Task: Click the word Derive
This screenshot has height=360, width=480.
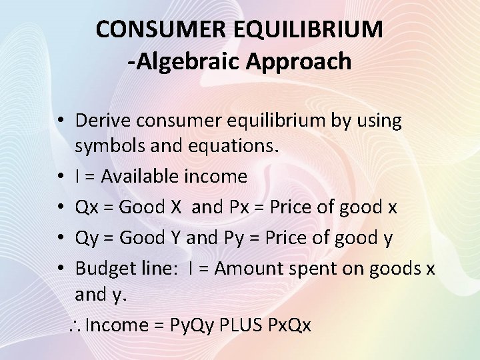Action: pos(103,121)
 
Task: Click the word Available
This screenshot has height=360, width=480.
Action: pos(139,177)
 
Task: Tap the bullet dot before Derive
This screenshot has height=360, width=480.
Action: pos(60,121)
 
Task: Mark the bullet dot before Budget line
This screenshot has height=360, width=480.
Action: pos(60,269)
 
